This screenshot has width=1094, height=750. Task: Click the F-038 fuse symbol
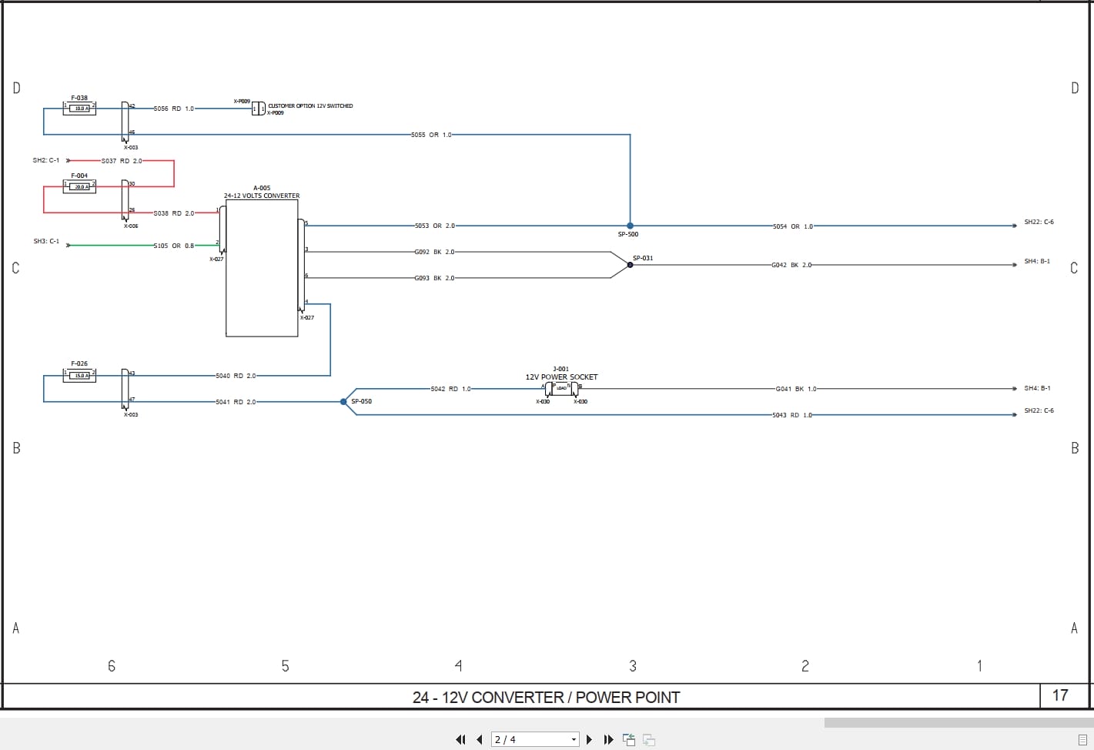click(x=79, y=109)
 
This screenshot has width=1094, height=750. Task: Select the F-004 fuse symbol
click(x=79, y=187)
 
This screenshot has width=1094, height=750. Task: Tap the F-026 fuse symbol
click(x=79, y=376)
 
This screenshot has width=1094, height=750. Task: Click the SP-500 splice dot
click(x=630, y=226)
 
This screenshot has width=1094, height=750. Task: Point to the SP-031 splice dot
click(x=630, y=265)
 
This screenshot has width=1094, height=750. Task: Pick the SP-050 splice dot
click(x=343, y=401)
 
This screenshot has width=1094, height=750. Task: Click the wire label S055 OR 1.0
click(x=431, y=135)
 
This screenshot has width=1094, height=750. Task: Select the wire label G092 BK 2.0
click(x=434, y=252)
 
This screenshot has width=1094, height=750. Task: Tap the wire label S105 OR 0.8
click(x=173, y=246)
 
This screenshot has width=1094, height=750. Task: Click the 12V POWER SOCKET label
click(x=561, y=377)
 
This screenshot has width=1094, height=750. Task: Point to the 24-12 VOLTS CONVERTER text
click(x=262, y=196)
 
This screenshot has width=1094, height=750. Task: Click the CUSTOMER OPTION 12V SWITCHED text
click(x=310, y=106)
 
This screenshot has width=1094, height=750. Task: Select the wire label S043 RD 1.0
click(x=792, y=415)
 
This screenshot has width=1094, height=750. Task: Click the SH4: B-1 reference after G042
click(x=1037, y=262)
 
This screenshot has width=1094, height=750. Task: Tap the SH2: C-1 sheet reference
click(x=45, y=160)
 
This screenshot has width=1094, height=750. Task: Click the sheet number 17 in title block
click(x=1060, y=695)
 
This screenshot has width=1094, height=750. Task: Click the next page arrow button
click(x=590, y=739)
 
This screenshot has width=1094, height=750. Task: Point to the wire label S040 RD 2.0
click(x=236, y=376)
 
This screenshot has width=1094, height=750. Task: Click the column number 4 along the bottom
click(x=459, y=665)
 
